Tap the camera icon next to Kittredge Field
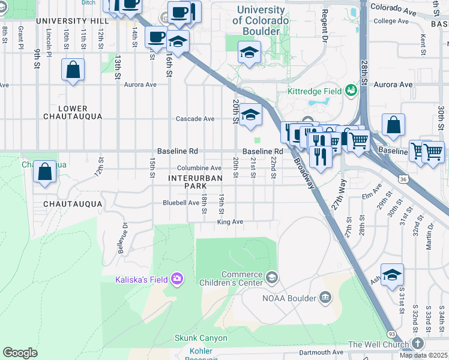point(351,91)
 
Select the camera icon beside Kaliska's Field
point(176,278)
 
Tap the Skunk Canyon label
point(201,338)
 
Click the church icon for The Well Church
point(418,344)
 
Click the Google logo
point(20,353)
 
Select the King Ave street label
point(230,222)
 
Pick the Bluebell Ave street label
point(181,203)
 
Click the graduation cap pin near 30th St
point(392,275)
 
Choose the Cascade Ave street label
point(195,119)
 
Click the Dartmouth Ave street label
point(321,352)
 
